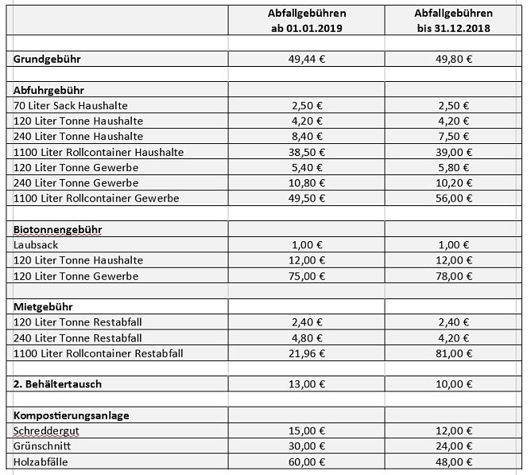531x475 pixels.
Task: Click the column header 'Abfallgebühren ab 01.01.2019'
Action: pos(307,21)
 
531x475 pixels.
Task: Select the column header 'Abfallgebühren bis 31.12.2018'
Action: pos(453,21)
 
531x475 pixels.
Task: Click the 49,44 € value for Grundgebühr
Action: pos(307,59)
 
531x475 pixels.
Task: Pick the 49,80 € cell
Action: pos(453,59)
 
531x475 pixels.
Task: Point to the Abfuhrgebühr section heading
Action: pos(49,91)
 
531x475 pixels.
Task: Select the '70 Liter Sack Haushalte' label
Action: pos(71,106)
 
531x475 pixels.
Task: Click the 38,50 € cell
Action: pos(307,152)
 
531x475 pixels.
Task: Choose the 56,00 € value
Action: pos(453,198)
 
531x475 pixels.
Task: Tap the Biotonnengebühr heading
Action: pos(58,229)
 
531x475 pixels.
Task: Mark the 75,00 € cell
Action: pos(307,276)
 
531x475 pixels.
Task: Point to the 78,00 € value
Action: pos(453,276)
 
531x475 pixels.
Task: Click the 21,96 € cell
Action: pos(307,352)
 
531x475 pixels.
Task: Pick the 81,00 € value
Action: pos(453,352)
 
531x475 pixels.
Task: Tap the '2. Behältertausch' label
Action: pos(57,384)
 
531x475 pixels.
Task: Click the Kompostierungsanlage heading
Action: pos(72,415)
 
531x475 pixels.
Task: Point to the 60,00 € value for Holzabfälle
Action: pos(307,461)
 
